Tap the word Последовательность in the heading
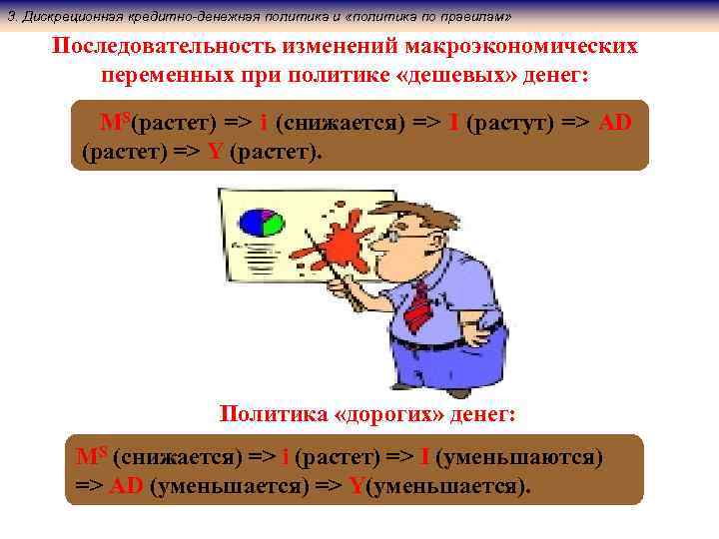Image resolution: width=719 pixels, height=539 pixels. (x=168, y=48)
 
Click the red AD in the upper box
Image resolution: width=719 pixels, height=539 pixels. (x=615, y=123)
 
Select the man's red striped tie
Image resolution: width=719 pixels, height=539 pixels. (x=416, y=304)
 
